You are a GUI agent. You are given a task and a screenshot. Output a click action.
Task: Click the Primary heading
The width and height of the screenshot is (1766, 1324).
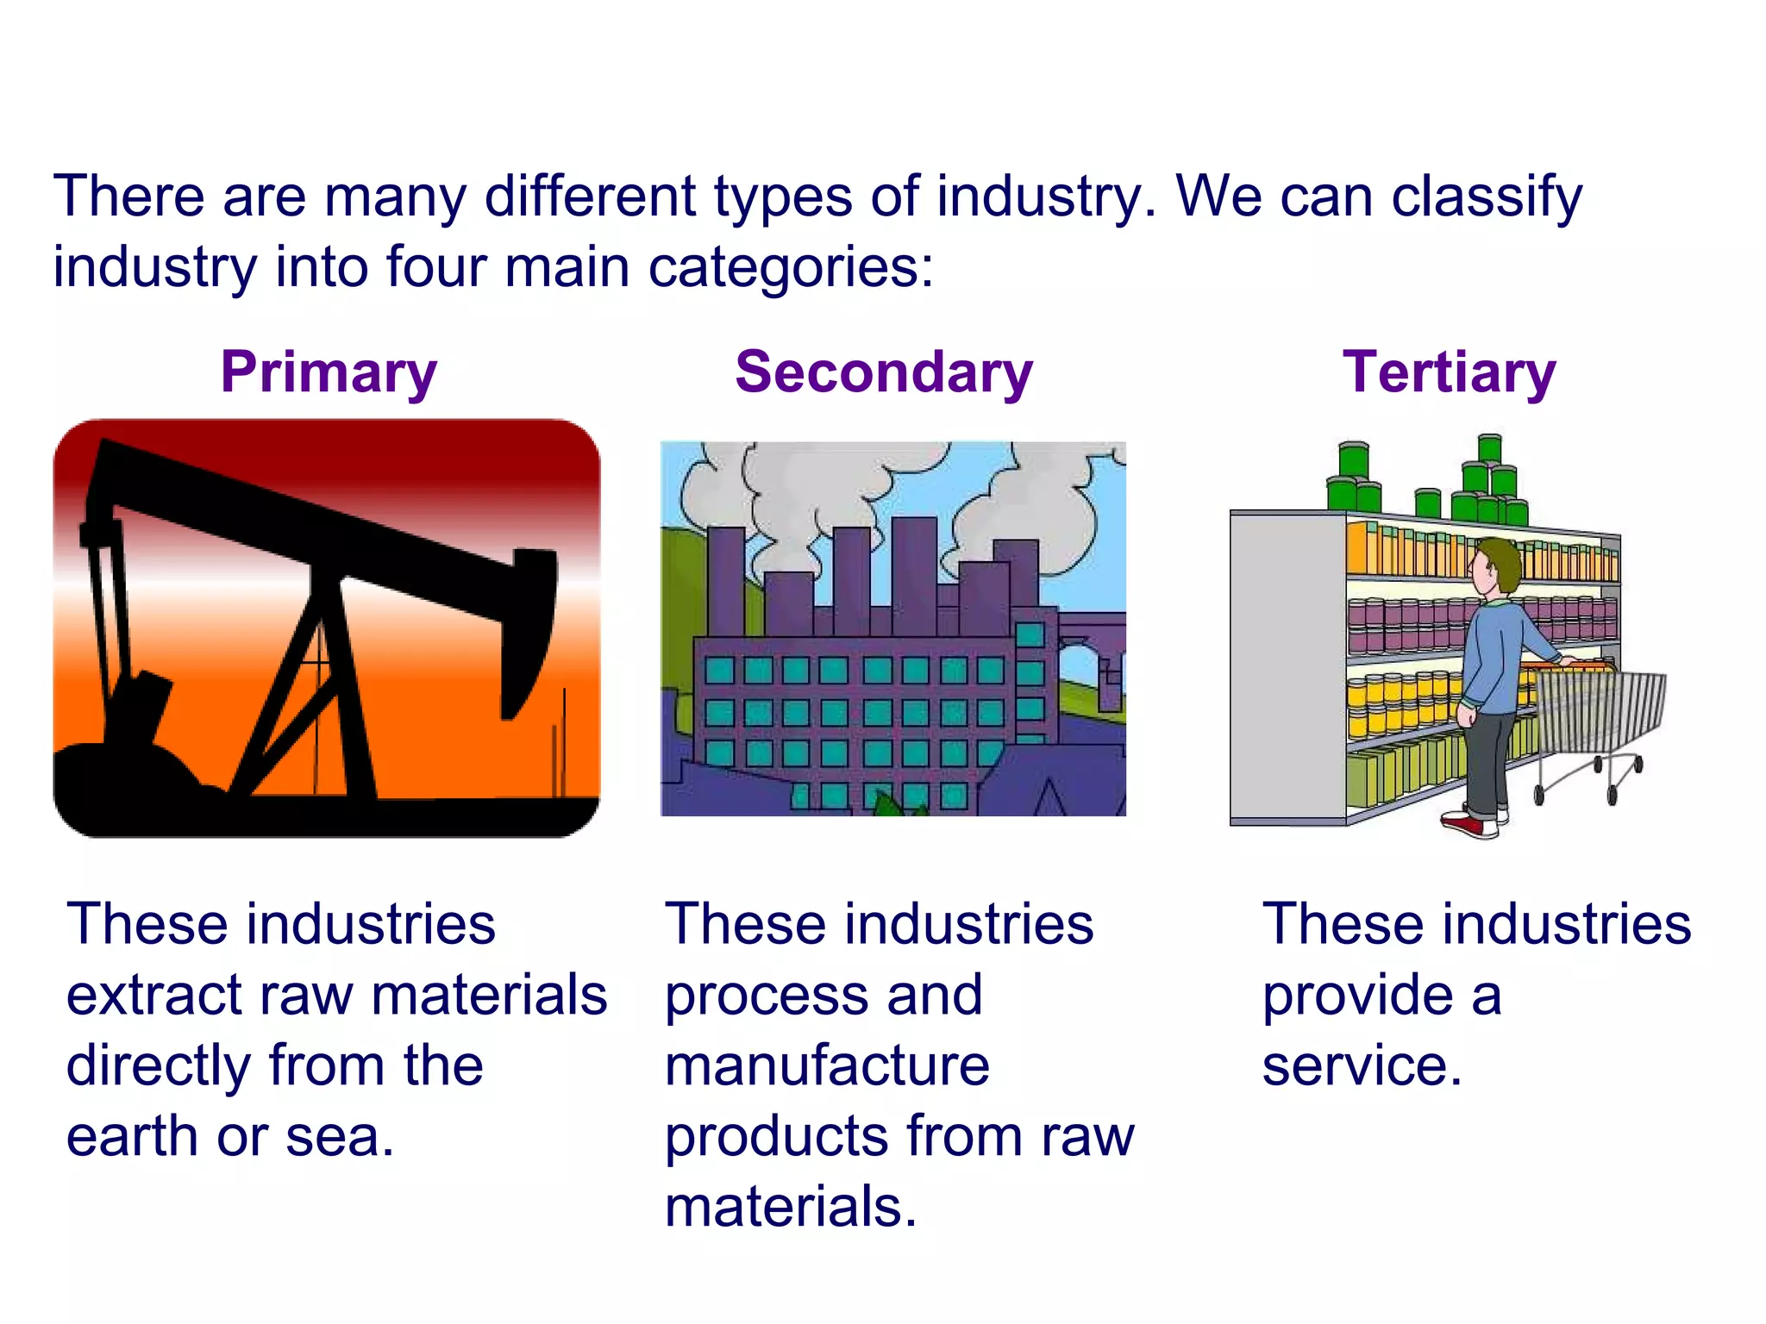point(329,373)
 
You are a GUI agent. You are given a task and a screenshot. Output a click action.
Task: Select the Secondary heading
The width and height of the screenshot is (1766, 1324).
point(884,373)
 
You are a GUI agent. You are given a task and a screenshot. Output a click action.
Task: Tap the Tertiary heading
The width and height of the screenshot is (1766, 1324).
point(1449,373)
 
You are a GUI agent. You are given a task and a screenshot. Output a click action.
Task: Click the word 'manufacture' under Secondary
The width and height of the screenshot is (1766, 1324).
point(827,1066)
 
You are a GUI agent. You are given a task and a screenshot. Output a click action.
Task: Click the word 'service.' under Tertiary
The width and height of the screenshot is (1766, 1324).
point(1362,1066)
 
